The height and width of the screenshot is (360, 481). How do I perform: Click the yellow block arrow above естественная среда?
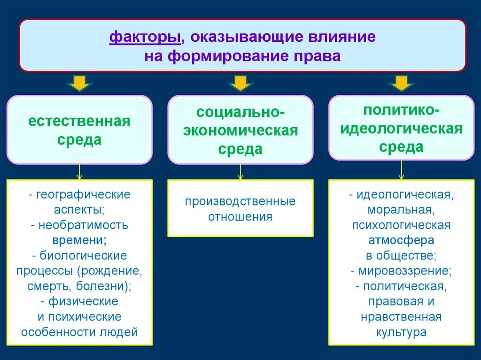coord(79,84)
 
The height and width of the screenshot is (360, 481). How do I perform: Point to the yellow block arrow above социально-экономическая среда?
coord(240,84)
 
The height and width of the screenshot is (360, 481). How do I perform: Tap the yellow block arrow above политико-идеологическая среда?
coord(401,84)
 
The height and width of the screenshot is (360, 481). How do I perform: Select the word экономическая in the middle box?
coord(240,131)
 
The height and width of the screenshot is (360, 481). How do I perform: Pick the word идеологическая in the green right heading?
coord(401,129)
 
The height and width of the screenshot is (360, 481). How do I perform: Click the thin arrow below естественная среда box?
coord(79,171)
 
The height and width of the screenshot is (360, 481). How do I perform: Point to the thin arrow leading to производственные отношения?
coord(240,171)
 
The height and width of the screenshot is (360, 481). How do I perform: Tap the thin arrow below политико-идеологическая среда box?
coord(401,170)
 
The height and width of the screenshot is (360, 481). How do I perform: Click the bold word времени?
coord(79,240)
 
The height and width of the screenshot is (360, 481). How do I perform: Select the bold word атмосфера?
coord(401,240)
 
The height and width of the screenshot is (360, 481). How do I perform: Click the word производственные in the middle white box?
coord(240,201)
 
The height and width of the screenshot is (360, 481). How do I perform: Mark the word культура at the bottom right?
coord(401,332)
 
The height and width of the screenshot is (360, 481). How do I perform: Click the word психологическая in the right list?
coord(401,225)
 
